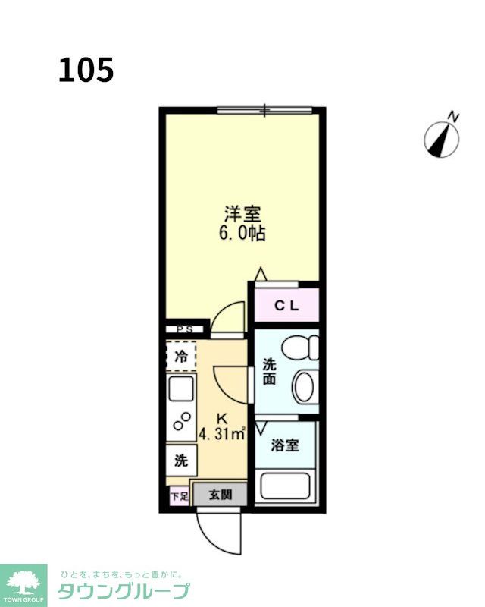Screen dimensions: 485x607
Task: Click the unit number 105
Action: (x=86, y=70)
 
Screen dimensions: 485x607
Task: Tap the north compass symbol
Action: (x=442, y=137)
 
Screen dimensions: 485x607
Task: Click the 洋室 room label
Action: (x=242, y=214)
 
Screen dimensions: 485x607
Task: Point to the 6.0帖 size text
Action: (x=242, y=233)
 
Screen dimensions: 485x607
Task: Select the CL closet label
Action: (x=286, y=306)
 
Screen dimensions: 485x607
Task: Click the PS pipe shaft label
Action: (x=185, y=329)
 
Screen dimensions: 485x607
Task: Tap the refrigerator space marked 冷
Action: (x=181, y=356)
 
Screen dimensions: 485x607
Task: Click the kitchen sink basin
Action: (x=181, y=389)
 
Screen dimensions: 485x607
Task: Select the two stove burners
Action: (x=182, y=421)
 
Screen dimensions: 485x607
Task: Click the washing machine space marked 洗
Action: (x=181, y=461)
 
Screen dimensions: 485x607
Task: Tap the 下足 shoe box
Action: (x=180, y=496)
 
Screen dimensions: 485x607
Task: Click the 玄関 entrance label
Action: (x=221, y=495)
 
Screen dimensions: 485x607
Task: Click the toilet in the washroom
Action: (x=301, y=348)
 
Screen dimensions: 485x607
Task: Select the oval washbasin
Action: (x=305, y=387)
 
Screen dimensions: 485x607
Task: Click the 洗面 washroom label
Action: (x=269, y=372)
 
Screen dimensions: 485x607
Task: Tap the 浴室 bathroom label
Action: (x=285, y=445)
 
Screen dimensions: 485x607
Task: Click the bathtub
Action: (x=286, y=486)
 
